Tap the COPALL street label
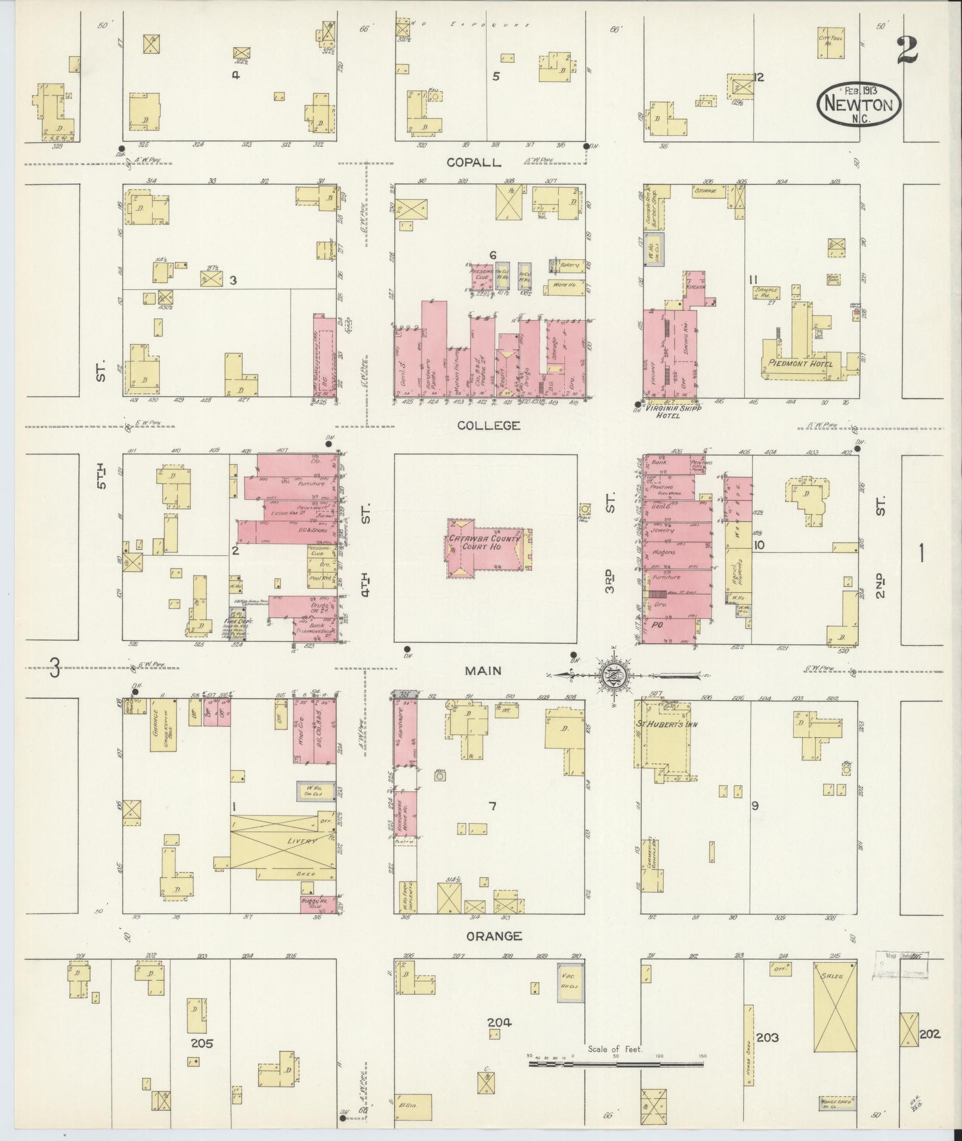pyautogui.click(x=475, y=163)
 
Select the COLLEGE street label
pyautogui.click(x=489, y=425)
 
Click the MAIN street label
pyautogui.click(x=484, y=671)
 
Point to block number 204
pyautogui.click(x=499, y=1023)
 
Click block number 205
pyautogui.click(x=202, y=1044)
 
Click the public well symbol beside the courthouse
pyautogui.click(x=585, y=509)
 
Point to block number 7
pyautogui.click(x=493, y=807)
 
